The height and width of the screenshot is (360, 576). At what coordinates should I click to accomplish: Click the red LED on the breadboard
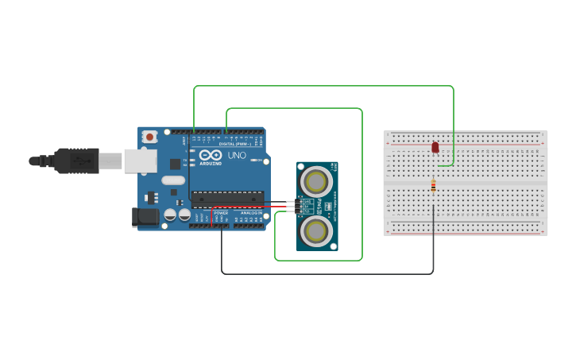[435, 147]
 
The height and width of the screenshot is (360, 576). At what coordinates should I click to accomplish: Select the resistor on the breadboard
[433, 186]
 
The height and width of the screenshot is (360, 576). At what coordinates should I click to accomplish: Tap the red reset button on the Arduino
[150, 137]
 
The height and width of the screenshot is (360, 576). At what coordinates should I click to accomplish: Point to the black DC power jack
[144, 216]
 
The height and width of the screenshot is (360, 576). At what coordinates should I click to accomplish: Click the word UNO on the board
[237, 155]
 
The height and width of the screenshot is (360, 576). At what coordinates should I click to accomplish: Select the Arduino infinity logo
[211, 155]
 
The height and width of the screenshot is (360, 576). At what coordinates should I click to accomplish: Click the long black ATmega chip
[226, 199]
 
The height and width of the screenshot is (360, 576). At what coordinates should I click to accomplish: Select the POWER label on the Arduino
[221, 213]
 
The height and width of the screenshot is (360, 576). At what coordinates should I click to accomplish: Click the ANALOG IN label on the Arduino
[251, 213]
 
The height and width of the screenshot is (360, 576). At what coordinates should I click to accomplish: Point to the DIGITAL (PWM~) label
[236, 144]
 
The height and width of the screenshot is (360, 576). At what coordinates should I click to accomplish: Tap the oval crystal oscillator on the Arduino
[172, 180]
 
